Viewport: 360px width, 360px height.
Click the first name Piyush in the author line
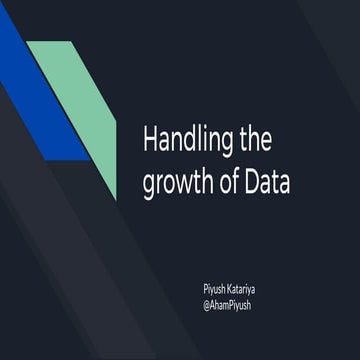pos(214,286)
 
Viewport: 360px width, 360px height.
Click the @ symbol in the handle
pos(206,301)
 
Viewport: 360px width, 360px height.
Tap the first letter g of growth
pos(150,185)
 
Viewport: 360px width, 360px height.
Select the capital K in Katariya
pos(233,286)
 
